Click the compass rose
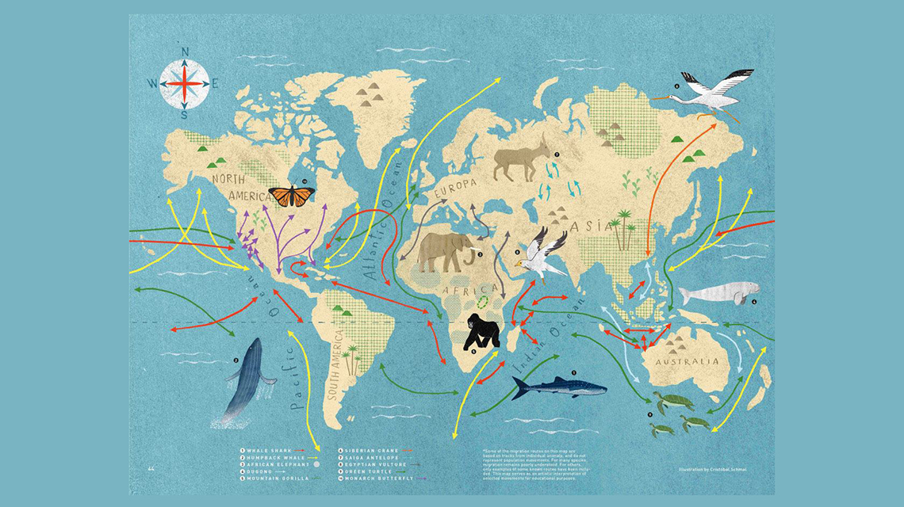[184, 82]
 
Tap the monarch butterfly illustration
[291, 196]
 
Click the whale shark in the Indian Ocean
[558, 387]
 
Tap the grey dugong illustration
[718, 293]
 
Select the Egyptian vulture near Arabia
[544, 255]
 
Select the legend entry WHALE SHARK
[270, 450]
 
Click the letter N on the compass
[185, 53]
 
